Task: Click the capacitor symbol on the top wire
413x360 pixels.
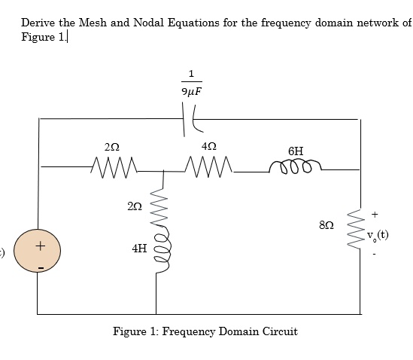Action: point(188,117)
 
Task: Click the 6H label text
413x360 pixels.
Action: point(296,150)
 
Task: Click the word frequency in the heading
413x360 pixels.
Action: point(288,23)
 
